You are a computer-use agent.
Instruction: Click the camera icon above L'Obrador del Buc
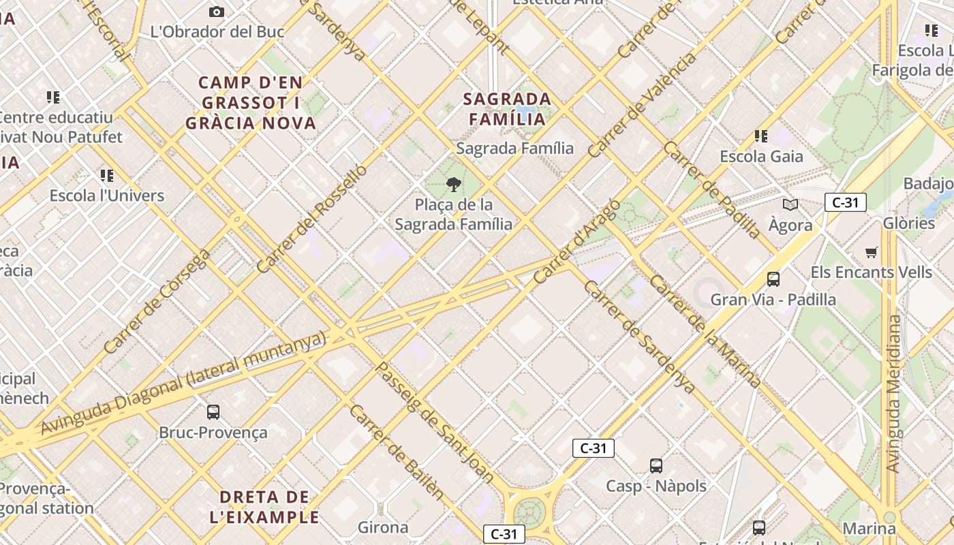click(217, 12)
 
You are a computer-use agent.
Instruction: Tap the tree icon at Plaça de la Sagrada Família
click(453, 184)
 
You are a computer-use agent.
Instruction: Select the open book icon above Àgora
click(790, 204)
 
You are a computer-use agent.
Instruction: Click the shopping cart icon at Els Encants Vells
click(871, 253)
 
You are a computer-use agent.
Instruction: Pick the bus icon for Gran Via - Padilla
click(773, 279)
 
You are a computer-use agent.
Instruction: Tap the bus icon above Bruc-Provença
click(213, 412)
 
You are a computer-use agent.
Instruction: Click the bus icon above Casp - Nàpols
click(656, 466)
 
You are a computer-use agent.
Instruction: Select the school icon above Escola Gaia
click(761, 136)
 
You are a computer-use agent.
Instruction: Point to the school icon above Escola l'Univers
click(107, 176)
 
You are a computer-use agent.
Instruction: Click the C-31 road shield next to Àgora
click(845, 202)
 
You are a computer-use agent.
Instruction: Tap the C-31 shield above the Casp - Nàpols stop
click(593, 448)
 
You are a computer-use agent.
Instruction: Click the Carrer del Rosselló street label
click(313, 219)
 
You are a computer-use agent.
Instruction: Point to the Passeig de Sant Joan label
click(435, 422)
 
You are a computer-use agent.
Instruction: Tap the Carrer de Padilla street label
click(712, 190)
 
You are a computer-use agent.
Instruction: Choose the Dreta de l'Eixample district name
click(264, 507)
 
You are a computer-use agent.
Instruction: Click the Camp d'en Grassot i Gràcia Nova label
click(251, 103)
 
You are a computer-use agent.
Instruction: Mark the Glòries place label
click(909, 223)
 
